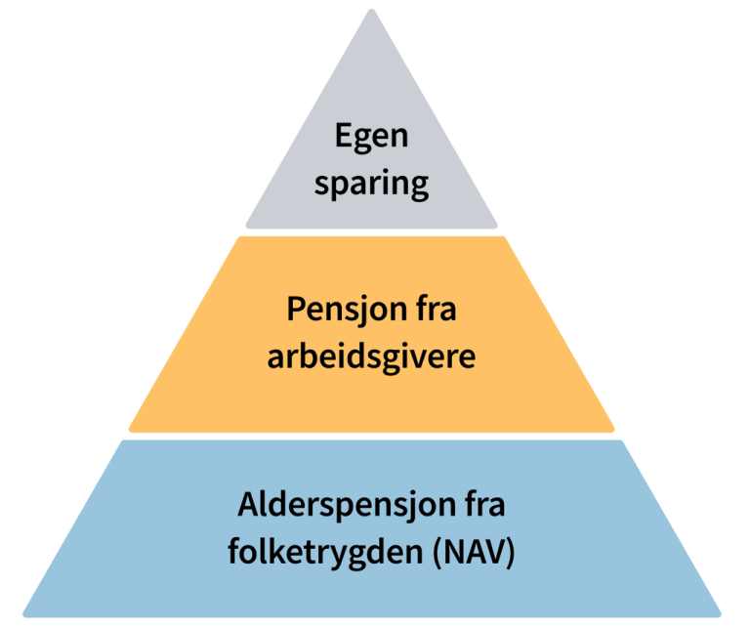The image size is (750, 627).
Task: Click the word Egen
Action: [371, 138]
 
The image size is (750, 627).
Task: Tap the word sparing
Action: [371, 184]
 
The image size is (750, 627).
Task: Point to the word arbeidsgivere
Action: [371, 356]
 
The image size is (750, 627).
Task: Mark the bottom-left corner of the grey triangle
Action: [248, 225]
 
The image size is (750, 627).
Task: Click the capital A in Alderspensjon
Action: [248, 508]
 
